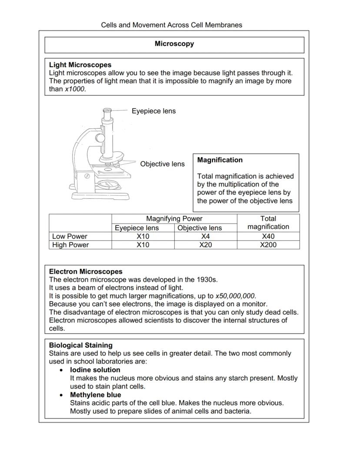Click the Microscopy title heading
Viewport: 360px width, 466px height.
174,44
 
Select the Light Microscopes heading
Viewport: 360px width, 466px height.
80,65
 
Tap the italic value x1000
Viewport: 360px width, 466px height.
75,89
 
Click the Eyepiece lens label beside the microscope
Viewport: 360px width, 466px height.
154,111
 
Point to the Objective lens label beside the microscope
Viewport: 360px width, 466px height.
162,164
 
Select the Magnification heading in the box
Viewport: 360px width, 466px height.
220,160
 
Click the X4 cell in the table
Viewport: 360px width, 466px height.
206,236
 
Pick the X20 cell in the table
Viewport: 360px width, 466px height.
206,245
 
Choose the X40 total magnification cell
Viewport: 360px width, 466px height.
268,236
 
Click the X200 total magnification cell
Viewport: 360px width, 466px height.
268,245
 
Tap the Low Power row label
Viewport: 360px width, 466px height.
70,236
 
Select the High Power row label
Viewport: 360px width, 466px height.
70,245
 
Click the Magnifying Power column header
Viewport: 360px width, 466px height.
174,218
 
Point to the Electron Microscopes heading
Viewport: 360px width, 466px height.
86,272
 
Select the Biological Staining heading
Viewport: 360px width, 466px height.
80,345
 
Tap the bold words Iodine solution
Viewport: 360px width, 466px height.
95,370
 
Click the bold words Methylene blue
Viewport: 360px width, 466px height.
96,395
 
